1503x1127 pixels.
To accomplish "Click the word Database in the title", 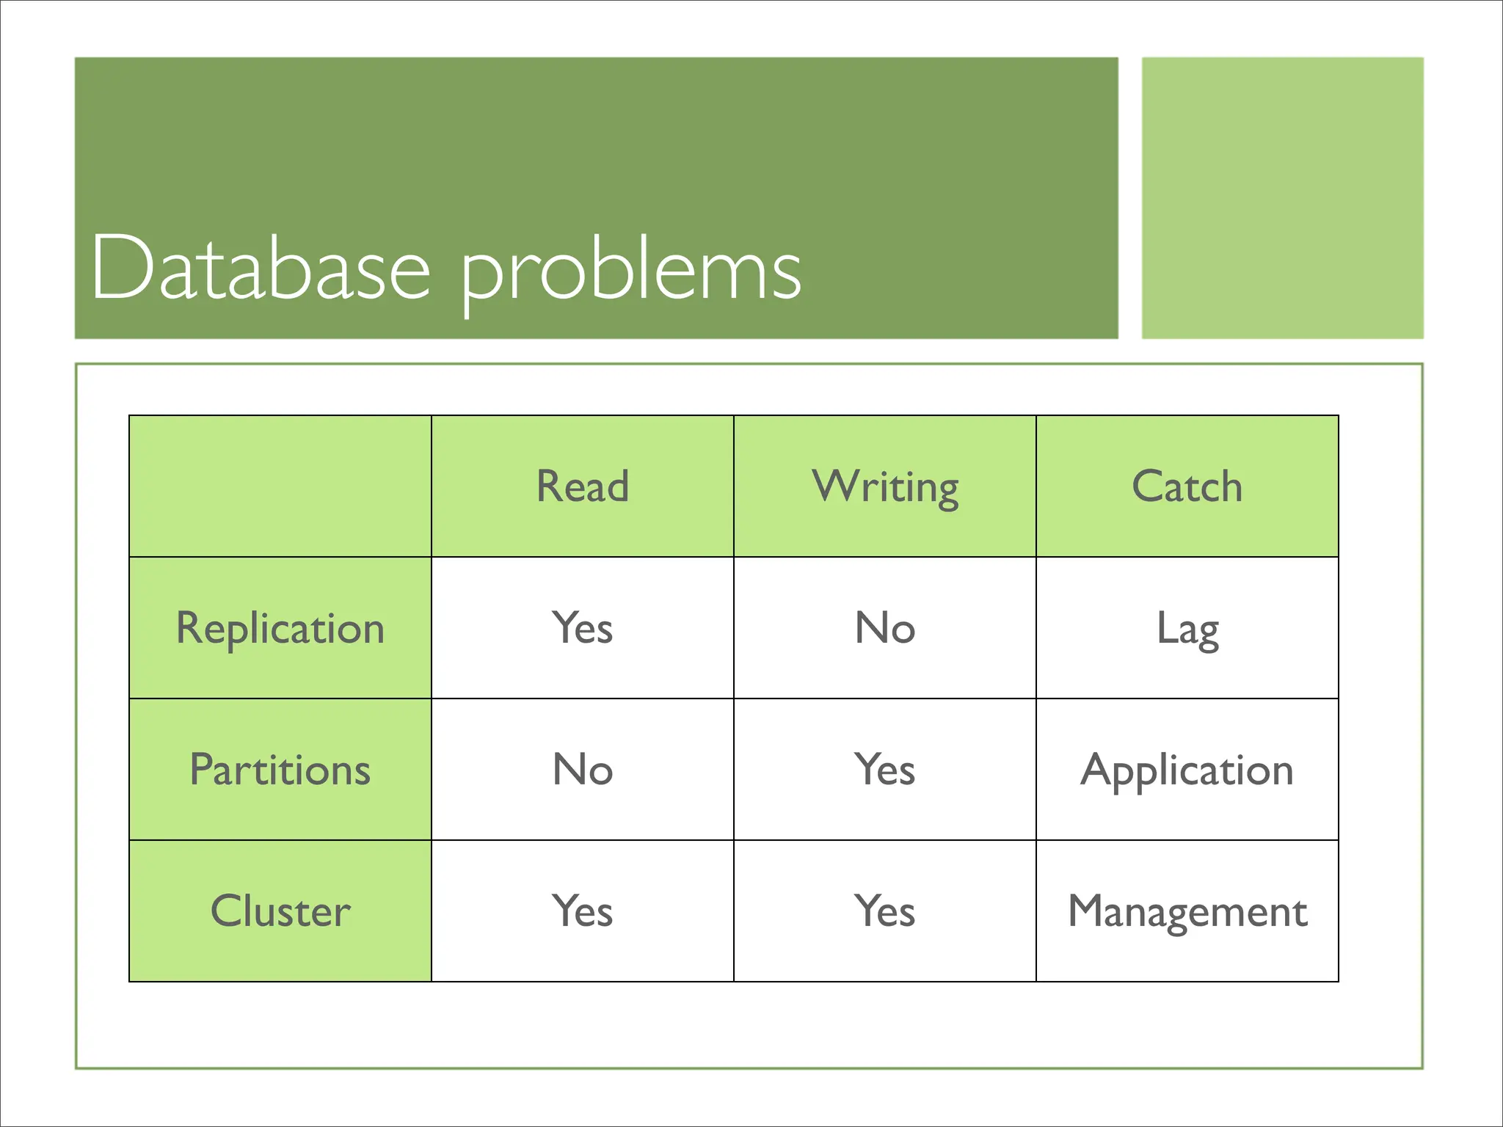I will pyautogui.click(x=261, y=269).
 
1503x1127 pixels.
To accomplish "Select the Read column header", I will pyautogui.click(x=582, y=486).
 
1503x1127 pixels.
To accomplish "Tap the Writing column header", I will pyautogui.click(x=885, y=486).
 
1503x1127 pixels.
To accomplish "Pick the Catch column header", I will pyautogui.click(x=1187, y=486).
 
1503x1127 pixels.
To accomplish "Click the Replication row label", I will pyautogui.click(x=280, y=629).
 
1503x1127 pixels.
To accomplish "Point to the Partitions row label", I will pyautogui.click(x=280, y=770).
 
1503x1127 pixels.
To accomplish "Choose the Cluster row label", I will pyautogui.click(x=280, y=911).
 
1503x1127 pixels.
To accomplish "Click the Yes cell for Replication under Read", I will pyautogui.click(x=582, y=628).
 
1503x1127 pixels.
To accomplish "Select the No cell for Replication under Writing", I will pyautogui.click(x=885, y=628).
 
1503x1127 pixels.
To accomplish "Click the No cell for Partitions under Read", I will pyautogui.click(x=582, y=770).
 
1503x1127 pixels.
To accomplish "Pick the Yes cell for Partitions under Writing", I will pyautogui.click(x=885, y=770).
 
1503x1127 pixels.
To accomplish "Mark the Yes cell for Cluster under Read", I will pyautogui.click(x=582, y=911).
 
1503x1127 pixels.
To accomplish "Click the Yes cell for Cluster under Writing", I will pyautogui.click(x=885, y=911).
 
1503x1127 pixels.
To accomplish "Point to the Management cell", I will pyautogui.click(x=1187, y=912).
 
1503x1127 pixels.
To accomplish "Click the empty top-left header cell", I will pyautogui.click(x=280, y=486).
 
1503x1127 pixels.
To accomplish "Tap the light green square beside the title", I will pyautogui.click(x=1282, y=198).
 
